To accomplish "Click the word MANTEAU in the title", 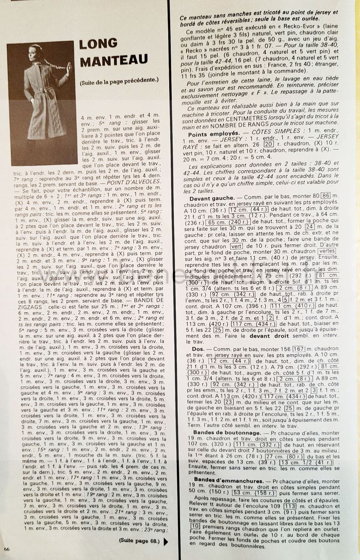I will click(x=114, y=60).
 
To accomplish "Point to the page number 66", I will click(x=7, y=549).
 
